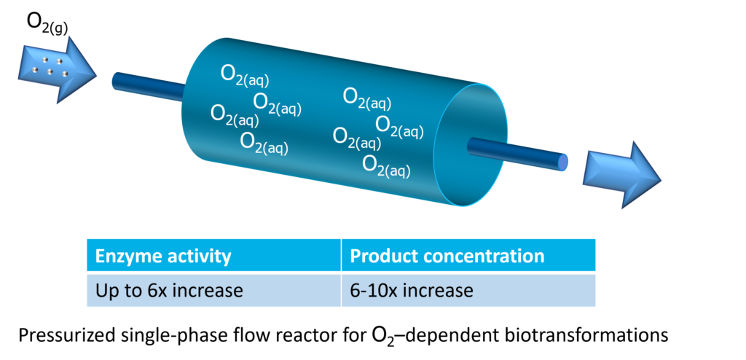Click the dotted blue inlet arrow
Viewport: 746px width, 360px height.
pos(57,71)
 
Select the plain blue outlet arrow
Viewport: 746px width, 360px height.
pos(622,175)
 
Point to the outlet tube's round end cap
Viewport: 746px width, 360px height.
pos(563,163)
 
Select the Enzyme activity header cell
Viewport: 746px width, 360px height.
pos(213,256)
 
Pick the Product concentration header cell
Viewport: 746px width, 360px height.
pos(468,256)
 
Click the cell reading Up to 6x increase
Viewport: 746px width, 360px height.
pos(213,290)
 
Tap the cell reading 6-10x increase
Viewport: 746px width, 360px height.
pos(468,290)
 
